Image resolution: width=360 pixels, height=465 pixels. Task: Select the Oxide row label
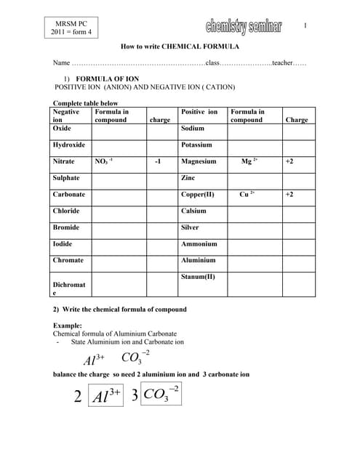(62, 128)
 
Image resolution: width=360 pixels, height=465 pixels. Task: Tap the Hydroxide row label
(68, 145)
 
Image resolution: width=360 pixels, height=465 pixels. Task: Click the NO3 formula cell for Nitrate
(103, 161)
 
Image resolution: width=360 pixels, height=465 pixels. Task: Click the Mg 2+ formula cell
(249, 161)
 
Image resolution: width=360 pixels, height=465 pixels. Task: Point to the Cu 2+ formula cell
(247, 195)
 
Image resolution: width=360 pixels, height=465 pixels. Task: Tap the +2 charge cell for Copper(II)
(289, 195)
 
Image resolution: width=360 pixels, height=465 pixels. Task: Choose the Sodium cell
(193, 128)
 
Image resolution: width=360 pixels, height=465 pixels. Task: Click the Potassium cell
(196, 145)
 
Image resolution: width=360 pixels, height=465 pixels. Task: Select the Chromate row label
(68, 260)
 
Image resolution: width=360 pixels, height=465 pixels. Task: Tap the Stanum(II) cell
(198, 277)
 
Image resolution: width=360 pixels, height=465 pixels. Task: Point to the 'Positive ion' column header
(199, 112)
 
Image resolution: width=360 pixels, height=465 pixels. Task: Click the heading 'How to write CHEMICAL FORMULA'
(179, 45)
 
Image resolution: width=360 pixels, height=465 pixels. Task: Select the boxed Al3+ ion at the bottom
(106, 397)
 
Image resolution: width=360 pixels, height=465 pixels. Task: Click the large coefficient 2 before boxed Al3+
(78, 397)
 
